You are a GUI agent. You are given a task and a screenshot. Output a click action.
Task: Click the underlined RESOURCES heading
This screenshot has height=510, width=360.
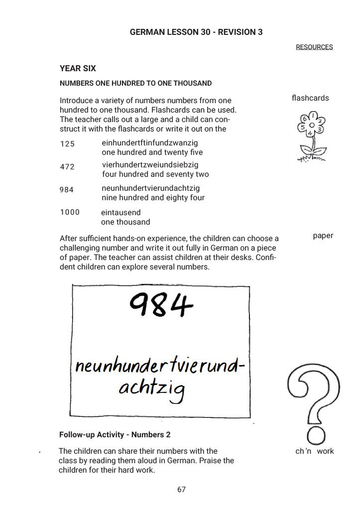click(314, 47)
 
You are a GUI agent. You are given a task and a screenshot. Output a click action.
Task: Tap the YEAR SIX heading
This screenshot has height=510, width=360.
click(78, 69)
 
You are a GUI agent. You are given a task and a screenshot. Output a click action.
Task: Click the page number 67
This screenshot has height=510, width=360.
click(181, 490)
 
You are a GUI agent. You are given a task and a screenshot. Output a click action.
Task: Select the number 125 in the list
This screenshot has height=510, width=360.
click(67, 144)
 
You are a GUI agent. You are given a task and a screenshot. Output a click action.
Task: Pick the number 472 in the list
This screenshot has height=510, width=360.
click(67, 167)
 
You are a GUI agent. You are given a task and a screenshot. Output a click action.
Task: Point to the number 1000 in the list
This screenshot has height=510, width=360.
click(70, 212)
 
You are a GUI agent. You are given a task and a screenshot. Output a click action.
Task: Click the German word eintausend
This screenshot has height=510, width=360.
click(121, 213)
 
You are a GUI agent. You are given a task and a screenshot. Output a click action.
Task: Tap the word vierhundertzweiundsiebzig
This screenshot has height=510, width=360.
click(150, 164)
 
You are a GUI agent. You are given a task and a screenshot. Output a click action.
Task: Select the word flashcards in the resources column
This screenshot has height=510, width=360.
click(310, 98)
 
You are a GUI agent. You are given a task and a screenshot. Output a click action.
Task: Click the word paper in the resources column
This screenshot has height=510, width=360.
click(323, 236)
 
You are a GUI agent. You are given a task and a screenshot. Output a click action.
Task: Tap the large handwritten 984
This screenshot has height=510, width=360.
click(161, 305)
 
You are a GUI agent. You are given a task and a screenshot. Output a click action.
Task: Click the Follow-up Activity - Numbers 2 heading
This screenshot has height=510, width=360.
click(115, 435)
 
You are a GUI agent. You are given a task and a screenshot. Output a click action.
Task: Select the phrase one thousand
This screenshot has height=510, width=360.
click(125, 222)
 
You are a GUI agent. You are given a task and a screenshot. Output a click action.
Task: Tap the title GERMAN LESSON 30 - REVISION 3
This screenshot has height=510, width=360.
click(196, 32)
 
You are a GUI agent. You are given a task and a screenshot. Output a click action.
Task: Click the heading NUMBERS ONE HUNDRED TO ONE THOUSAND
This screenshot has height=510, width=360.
click(135, 83)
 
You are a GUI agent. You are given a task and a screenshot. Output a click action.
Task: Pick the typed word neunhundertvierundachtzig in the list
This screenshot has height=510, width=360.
click(150, 188)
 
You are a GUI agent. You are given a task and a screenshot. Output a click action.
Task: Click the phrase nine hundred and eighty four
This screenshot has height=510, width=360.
click(153, 198)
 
